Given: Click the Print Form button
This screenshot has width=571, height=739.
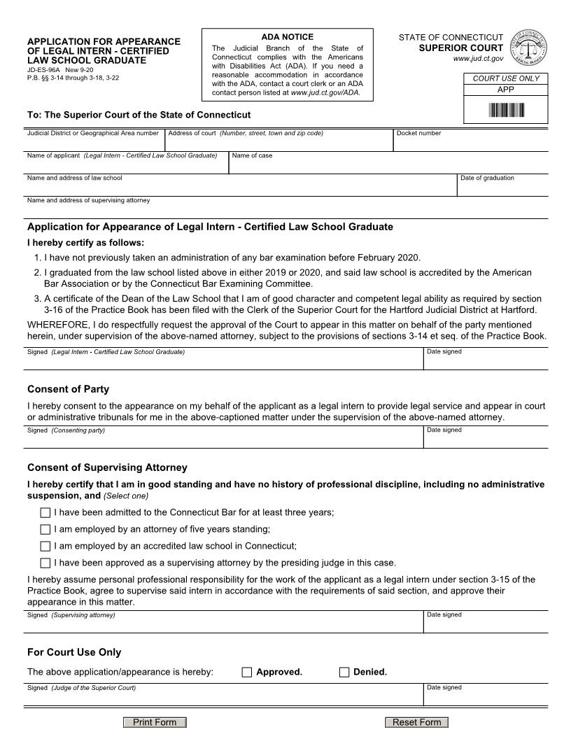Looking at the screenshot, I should click(155, 722).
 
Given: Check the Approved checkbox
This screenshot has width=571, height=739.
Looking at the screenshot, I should click(246, 673).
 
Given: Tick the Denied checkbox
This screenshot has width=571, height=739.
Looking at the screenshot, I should click(344, 673).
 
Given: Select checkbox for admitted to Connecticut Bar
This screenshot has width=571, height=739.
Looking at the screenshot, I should click(45, 513).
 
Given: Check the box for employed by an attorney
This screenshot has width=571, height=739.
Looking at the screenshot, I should click(45, 530).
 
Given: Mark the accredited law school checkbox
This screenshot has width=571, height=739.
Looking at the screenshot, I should click(45, 547).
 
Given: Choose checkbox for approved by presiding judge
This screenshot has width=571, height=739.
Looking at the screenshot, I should click(45, 563).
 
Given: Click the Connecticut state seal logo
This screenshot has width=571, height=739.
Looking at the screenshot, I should click(528, 48).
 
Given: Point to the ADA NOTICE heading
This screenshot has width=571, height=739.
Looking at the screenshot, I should click(288, 37).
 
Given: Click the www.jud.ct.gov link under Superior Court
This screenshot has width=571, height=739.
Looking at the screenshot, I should click(478, 59).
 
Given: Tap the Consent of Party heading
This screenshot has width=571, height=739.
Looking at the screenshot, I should click(68, 389).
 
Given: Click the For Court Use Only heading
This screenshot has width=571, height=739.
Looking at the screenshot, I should click(74, 652).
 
